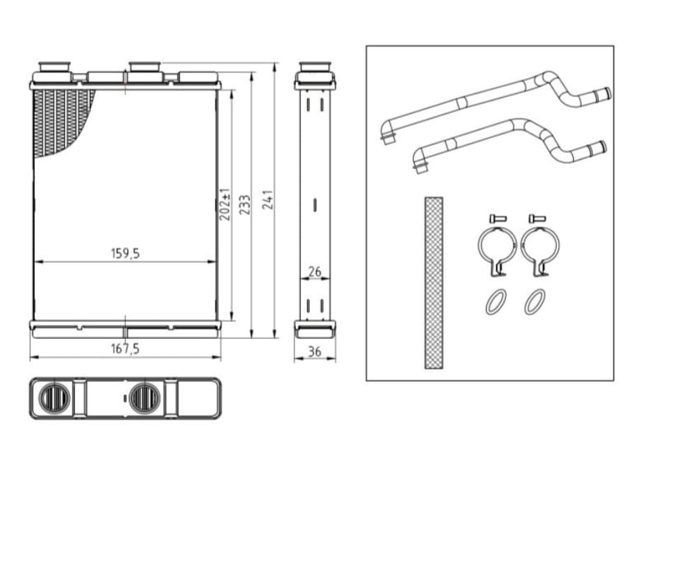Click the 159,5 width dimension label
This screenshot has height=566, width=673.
point(125,253)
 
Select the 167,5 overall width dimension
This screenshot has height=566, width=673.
point(125,349)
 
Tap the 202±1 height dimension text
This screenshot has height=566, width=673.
point(225,204)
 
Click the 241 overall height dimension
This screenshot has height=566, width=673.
point(268,200)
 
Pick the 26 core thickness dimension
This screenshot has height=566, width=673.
point(315,272)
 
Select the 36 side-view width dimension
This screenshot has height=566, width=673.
point(315,352)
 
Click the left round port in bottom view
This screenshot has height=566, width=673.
point(54,398)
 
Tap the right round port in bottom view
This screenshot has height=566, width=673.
point(144,398)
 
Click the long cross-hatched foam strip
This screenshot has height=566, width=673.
point(434,283)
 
